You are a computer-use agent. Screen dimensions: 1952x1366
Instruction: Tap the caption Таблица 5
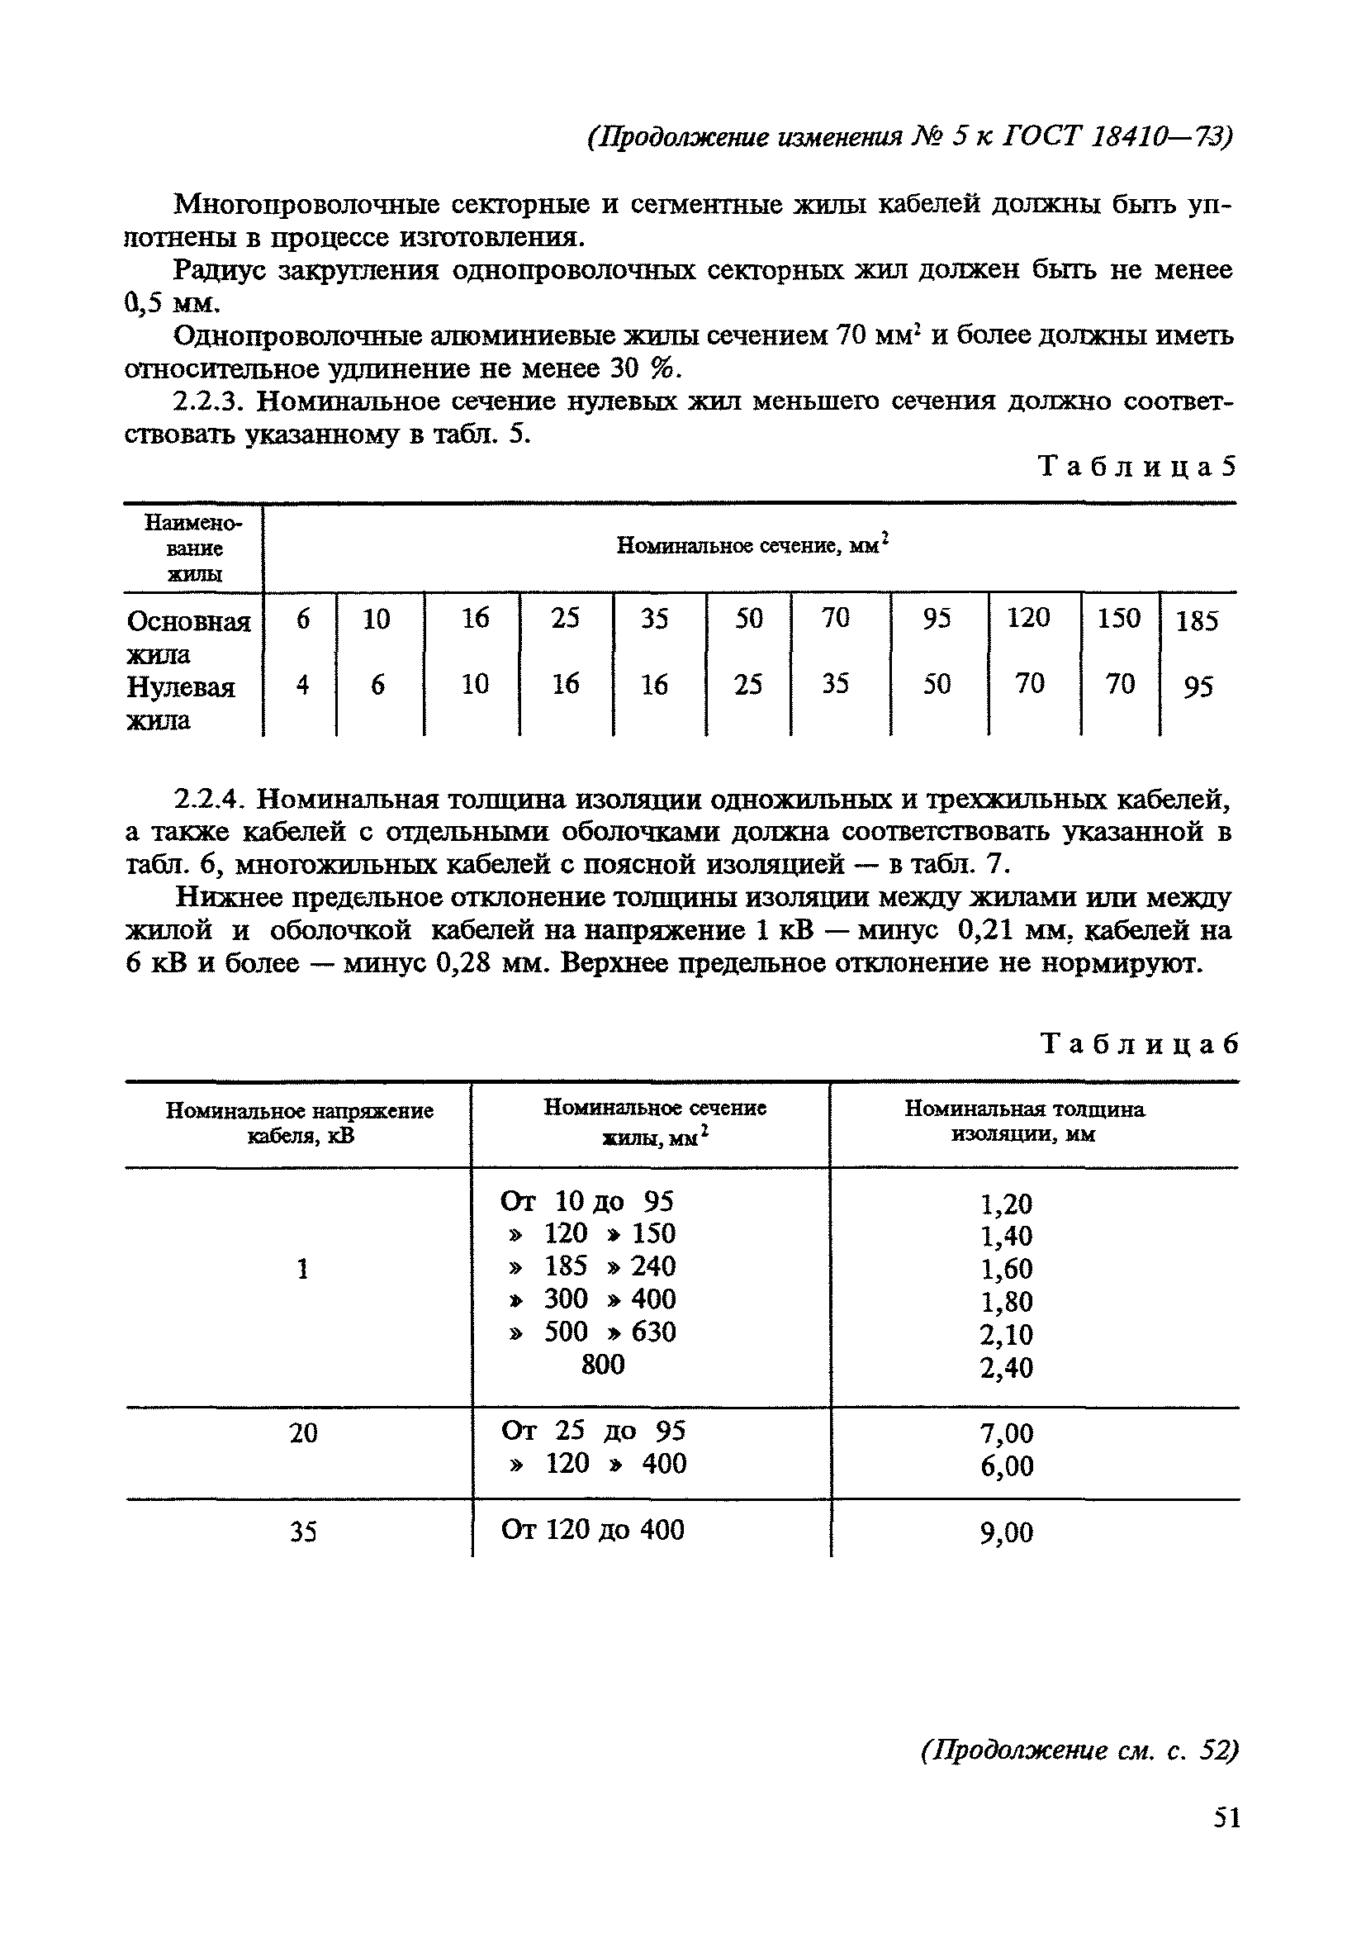1137,466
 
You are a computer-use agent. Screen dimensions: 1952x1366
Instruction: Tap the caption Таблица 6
1139,1043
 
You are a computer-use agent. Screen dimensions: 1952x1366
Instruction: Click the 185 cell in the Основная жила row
1197,621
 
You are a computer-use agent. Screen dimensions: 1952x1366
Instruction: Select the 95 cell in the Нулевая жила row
1197,686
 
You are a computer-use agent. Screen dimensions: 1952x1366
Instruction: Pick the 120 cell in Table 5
1028,617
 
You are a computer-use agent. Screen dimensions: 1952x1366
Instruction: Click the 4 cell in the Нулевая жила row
302,684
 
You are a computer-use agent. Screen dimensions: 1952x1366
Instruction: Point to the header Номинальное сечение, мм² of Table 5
752,545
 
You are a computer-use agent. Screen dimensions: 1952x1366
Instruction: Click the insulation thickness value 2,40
1007,1368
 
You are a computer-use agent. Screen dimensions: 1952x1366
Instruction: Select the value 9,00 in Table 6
1007,1533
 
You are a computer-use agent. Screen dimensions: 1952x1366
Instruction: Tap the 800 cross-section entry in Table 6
603,1364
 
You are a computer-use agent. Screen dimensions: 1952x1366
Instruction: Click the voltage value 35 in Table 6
302,1532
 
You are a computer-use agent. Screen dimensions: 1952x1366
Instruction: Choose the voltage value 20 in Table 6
303,1434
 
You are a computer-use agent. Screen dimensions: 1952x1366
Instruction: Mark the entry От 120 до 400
592,1529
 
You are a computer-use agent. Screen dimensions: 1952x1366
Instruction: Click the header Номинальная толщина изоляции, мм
1024,1121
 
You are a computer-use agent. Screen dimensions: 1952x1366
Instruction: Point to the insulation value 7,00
1007,1434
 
